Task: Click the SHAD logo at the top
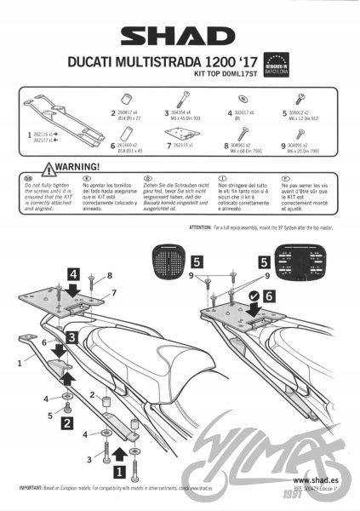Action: click(x=180, y=37)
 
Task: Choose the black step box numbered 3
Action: click(x=73, y=338)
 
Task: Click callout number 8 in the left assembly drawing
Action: click(x=110, y=275)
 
